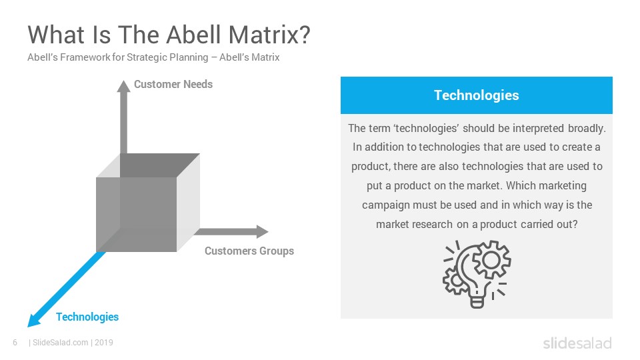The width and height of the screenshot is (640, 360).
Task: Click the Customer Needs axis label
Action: (173, 84)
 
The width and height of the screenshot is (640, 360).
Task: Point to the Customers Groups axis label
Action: (249, 251)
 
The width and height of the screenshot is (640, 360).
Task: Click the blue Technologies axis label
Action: (87, 317)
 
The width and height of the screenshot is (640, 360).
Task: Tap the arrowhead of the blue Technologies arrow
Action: (34, 320)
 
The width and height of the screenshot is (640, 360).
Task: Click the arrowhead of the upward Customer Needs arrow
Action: (124, 86)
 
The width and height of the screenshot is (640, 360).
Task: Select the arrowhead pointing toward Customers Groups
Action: (262, 232)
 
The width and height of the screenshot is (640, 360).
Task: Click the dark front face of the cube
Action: (136, 214)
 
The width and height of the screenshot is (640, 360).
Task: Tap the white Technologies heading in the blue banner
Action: (476, 95)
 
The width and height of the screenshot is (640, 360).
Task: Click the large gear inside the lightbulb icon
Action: (491, 259)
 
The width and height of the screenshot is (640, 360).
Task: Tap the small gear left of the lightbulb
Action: (455, 281)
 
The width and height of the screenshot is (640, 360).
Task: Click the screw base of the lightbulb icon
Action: (477, 303)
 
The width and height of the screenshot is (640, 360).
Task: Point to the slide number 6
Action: (15, 343)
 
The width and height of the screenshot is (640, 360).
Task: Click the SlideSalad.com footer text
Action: (61, 343)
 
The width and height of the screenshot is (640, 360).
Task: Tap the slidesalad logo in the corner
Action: (577, 343)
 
